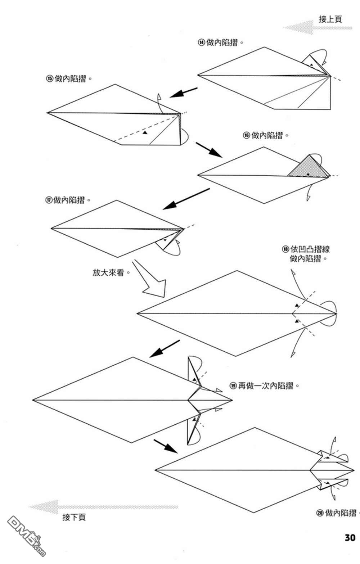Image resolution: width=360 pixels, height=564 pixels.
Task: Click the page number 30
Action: click(x=350, y=537)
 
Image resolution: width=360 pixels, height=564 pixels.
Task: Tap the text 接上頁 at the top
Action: click(x=330, y=19)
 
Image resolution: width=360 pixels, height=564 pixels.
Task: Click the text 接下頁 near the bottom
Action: click(x=74, y=517)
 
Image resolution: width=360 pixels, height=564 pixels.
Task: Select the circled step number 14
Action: click(x=201, y=42)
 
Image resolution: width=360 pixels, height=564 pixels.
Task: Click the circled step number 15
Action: click(x=49, y=79)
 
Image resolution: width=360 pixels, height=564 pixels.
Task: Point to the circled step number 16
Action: click(x=246, y=135)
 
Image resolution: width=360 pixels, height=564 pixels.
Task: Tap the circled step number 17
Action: click(x=48, y=200)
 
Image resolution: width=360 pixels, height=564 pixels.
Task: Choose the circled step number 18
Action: click(x=285, y=249)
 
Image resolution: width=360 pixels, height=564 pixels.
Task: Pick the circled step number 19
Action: click(x=233, y=386)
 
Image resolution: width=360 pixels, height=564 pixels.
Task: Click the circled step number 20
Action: click(x=320, y=513)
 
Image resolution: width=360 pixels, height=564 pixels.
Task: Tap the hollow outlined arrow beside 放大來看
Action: click(x=150, y=281)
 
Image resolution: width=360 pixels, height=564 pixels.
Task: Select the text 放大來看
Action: click(x=108, y=272)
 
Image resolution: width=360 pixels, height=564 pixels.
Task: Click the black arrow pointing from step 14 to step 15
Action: click(x=184, y=92)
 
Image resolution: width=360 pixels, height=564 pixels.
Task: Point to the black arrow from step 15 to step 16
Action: click(x=208, y=149)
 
